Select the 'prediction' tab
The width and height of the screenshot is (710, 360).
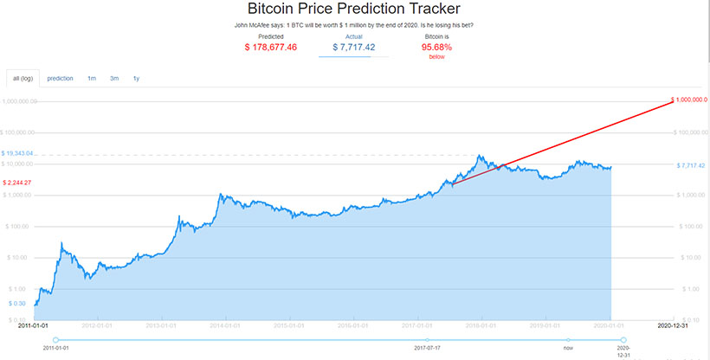pyautogui.click(x=61, y=78)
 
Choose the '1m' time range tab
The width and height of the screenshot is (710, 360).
pyautogui.click(x=92, y=78)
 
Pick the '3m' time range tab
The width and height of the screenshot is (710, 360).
pyautogui.click(x=114, y=78)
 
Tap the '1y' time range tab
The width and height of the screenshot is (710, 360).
pyautogui.click(x=137, y=78)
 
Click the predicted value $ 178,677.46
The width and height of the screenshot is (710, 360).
pyautogui.click(x=272, y=47)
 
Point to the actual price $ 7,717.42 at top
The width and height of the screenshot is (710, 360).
pyautogui.click(x=354, y=47)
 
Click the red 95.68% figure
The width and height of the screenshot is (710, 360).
pyautogui.click(x=437, y=47)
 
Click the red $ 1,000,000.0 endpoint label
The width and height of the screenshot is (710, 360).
pyautogui.click(x=690, y=100)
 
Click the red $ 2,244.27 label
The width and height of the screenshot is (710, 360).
pyautogui.click(x=17, y=183)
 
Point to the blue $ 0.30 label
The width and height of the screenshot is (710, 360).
pyautogui.click(x=17, y=304)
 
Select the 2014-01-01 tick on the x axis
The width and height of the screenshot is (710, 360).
pyautogui.click(x=225, y=325)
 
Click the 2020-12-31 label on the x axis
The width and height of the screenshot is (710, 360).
pyautogui.click(x=674, y=325)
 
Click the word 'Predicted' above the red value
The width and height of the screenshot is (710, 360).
pyautogui.click(x=272, y=36)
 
